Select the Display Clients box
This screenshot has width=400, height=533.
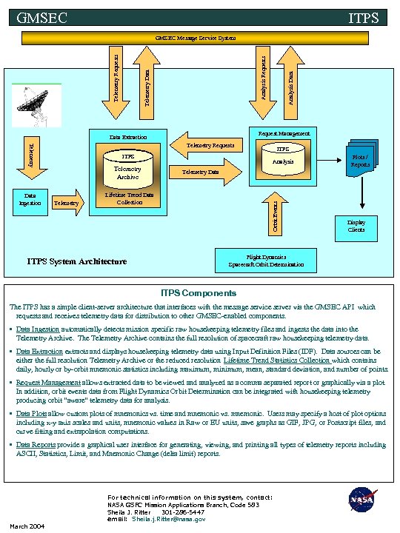point(356,226)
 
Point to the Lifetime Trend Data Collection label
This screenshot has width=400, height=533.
point(130,198)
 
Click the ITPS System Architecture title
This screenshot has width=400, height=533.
point(77,261)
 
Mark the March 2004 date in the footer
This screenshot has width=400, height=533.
point(27,526)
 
